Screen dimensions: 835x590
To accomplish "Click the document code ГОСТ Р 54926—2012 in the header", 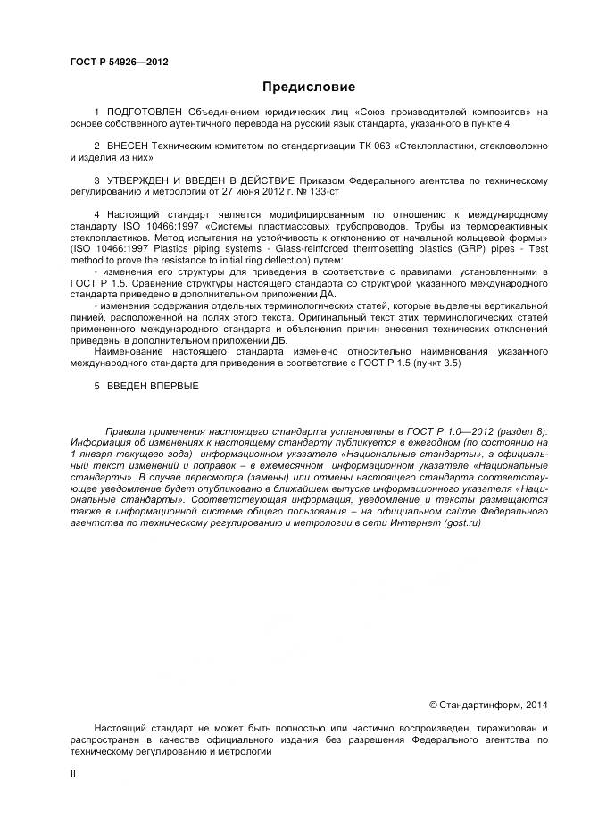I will click(x=119, y=62).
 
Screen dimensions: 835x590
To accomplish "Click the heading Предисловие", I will click(x=308, y=87).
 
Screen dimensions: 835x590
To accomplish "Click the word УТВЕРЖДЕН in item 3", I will click(x=145, y=179).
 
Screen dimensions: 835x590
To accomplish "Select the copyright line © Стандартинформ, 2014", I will click(x=488, y=705).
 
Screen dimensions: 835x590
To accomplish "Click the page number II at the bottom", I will click(x=73, y=774).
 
